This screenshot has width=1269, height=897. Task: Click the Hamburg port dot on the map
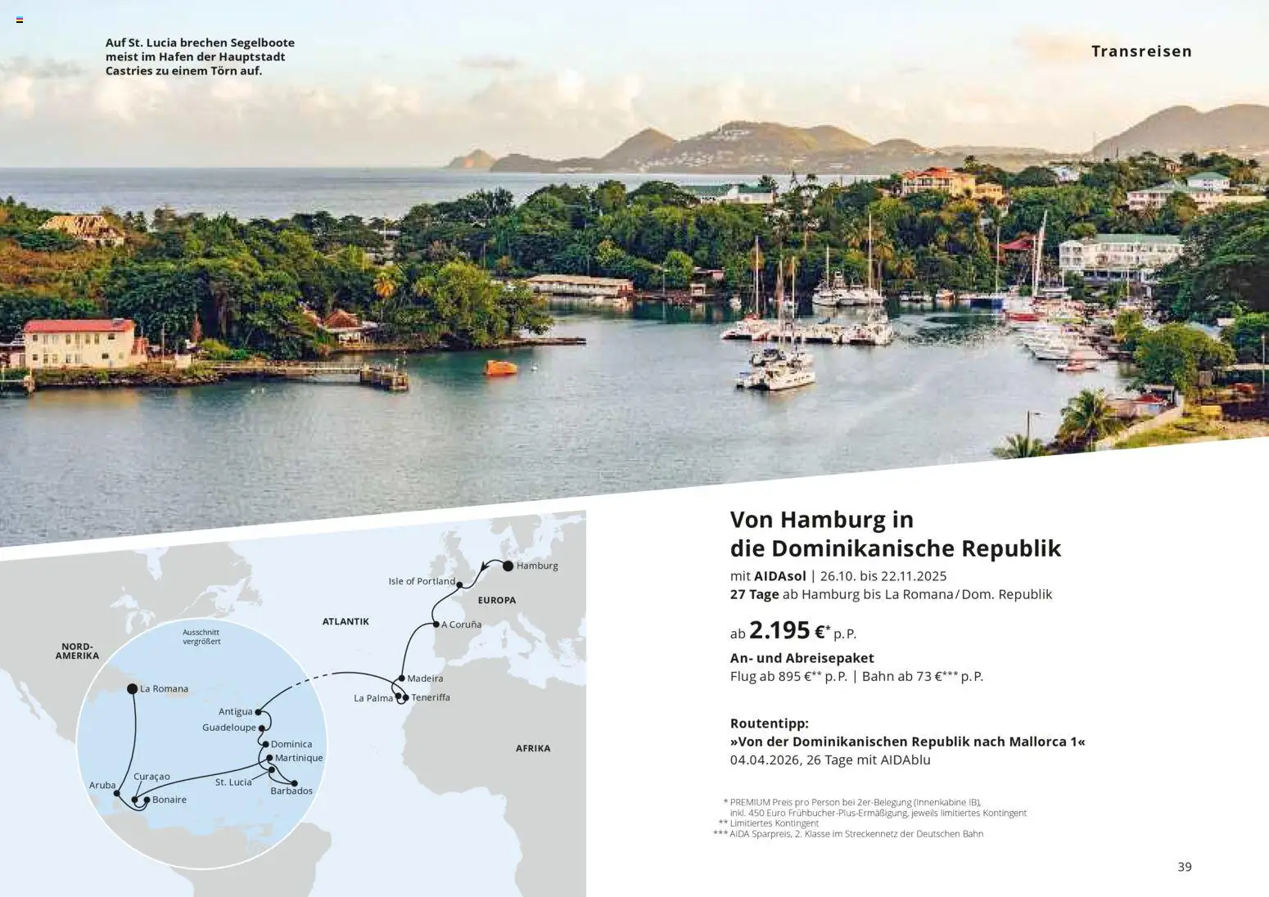click(508, 566)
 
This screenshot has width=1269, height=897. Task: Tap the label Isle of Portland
click(422, 581)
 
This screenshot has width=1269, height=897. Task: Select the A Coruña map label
click(461, 624)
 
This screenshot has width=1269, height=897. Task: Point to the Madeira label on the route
click(425, 678)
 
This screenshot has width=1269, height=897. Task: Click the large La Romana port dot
click(132, 689)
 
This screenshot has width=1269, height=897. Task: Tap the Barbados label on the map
click(291, 791)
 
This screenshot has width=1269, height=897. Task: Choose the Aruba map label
click(102, 786)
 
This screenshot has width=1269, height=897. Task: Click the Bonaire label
click(169, 800)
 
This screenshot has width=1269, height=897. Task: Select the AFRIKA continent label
click(533, 748)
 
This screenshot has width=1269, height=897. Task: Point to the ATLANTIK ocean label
click(345, 622)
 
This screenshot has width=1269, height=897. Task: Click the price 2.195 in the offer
click(779, 630)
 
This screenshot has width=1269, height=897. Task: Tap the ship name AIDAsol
click(780, 576)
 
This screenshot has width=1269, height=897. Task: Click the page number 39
click(1185, 867)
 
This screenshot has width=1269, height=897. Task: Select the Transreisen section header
click(1141, 52)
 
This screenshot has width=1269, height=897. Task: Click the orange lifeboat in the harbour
click(500, 367)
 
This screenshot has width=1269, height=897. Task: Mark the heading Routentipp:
click(769, 723)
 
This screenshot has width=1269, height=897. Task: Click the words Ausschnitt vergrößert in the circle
click(201, 637)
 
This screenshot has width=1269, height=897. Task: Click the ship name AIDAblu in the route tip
click(905, 760)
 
